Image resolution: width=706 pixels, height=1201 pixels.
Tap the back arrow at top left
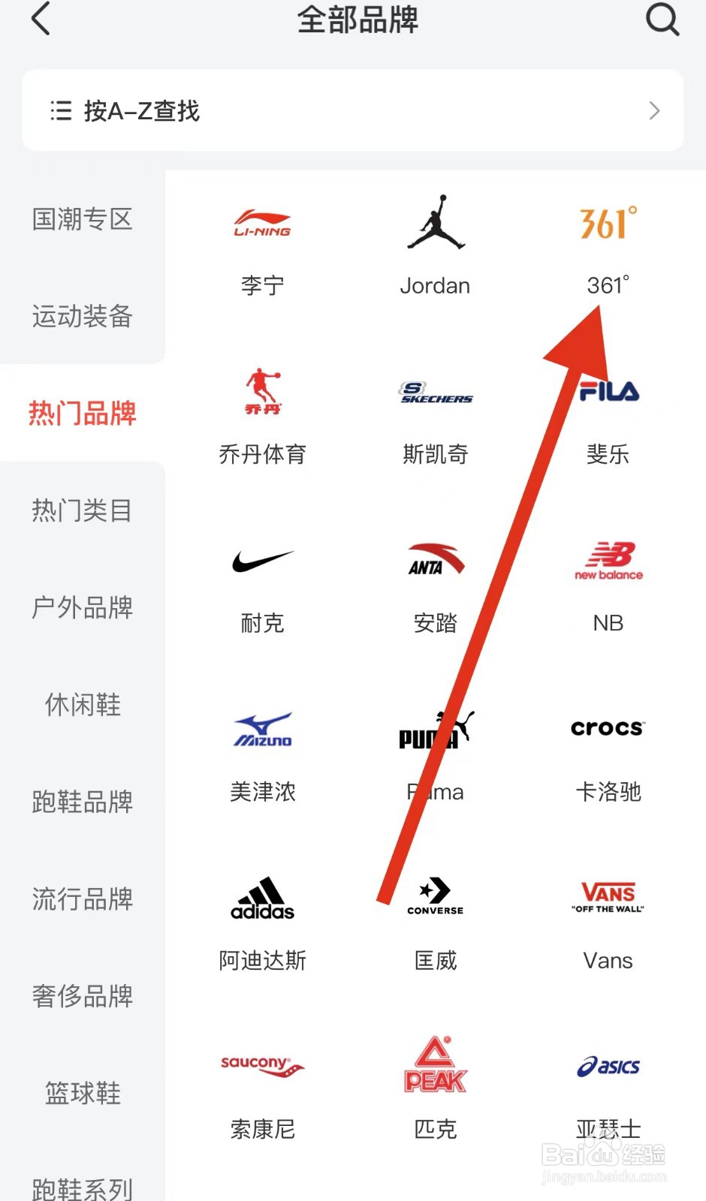tap(41, 19)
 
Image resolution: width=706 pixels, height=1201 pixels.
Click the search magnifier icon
tap(662, 19)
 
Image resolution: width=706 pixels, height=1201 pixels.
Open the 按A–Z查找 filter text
tap(141, 111)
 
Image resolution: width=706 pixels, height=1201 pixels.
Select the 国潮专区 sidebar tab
tap(82, 219)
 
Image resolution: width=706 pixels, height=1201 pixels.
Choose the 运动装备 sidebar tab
tap(82, 316)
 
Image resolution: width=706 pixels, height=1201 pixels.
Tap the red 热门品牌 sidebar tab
tap(82, 413)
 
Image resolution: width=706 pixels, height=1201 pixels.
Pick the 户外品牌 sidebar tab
tap(82, 607)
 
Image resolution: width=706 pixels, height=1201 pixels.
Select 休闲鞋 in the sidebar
tap(82, 704)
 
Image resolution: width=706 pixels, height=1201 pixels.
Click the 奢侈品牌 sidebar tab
tap(82, 995)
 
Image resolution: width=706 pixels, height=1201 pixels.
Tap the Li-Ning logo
tap(262, 223)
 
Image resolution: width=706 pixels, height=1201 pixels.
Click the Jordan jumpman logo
tap(436, 222)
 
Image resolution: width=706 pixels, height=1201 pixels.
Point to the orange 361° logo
tap(608, 223)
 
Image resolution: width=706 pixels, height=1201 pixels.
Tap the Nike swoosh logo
tap(262, 561)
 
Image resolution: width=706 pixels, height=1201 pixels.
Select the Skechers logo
tap(436, 393)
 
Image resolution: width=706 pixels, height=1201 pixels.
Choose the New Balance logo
tap(608, 561)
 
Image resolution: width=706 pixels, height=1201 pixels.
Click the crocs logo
tap(608, 728)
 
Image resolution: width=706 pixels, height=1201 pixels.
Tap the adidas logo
tap(262, 898)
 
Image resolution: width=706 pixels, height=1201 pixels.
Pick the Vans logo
tap(608, 896)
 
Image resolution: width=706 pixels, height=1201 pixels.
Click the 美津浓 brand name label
tap(262, 792)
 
